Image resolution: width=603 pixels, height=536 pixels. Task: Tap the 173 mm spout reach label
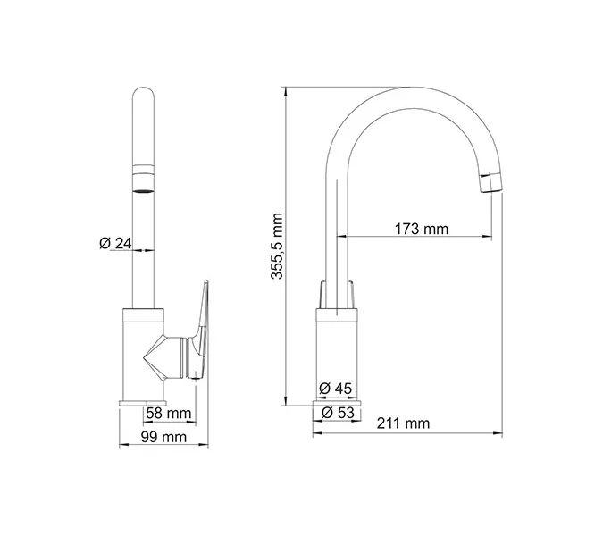(421, 229)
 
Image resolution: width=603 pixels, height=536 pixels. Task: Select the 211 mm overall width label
(403, 423)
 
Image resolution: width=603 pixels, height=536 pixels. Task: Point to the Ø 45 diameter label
(335, 389)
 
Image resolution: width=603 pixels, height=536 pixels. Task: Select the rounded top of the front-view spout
(143, 96)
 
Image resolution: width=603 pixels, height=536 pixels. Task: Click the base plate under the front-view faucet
(143, 403)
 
